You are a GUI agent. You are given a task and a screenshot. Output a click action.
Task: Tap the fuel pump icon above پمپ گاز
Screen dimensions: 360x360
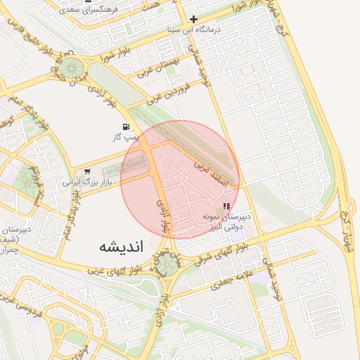pyautogui.click(x=125, y=127)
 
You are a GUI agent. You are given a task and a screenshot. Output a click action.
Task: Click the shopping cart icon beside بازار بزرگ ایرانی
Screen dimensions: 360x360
pyautogui.click(x=87, y=172)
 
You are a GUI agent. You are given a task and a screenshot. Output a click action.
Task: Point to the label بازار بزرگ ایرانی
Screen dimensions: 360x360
pyautogui.click(x=87, y=182)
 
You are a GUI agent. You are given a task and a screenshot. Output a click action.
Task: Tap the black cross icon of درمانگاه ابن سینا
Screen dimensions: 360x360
pyautogui.click(x=195, y=20)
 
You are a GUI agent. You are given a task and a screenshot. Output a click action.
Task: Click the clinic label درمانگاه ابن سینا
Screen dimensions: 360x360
pyautogui.click(x=210, y=30)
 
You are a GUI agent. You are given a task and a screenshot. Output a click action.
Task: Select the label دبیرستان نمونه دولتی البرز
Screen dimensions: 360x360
pyautogui.click(x=226, y=223)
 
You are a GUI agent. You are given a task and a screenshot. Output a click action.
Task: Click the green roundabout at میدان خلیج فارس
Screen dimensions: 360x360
pyautogui.click(x=72, y=69)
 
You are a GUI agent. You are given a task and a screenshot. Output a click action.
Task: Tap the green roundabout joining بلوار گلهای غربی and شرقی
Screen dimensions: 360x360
pyautogui.click(x=167, y=265)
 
